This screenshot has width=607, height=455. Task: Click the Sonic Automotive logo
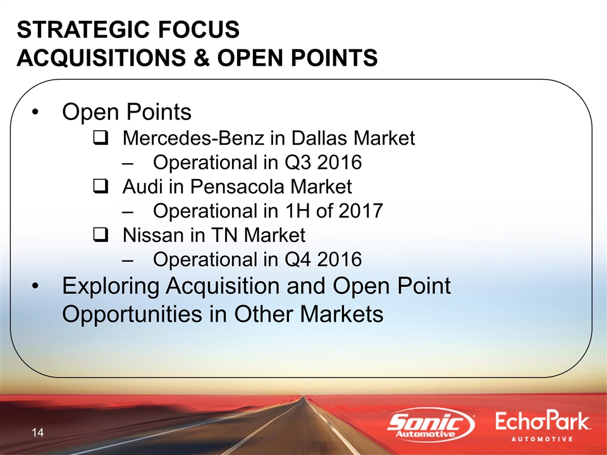pyautogui.click(x=431, y=425)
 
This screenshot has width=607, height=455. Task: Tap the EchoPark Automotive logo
pyautogui.click(x=542, y=427)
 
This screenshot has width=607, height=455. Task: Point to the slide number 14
pyautogui.click(x=37, y=432)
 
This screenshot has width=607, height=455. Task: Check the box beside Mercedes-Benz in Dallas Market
pyautogui.click(x=101, y=138)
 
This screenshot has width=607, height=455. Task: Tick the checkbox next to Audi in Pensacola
pyautogui.click(x=101, y=186)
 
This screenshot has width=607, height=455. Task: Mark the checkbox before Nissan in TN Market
pyautogui.click(x=101, y=235)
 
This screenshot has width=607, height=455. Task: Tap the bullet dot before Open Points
pyautogui.click(x=35, y=112)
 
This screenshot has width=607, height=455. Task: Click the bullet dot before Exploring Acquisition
pyautogui.click(x=35, y=287)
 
